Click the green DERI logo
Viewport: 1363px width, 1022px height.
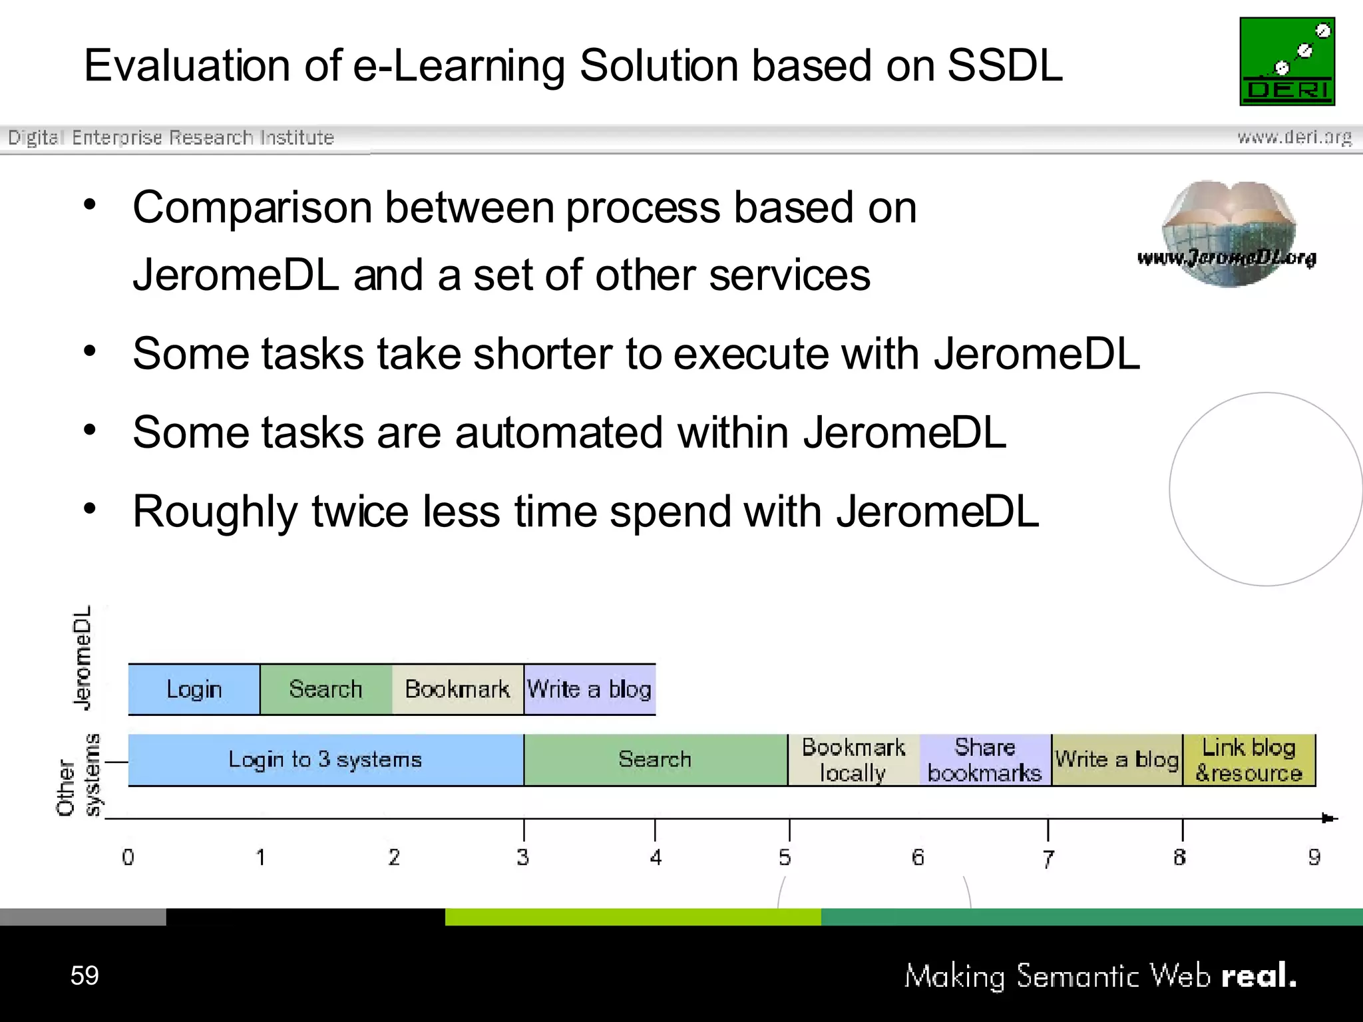[x=1286, y=61]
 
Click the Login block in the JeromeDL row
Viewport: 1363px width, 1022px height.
[x=194, y=689]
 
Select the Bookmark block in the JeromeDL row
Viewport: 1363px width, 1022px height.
[x=457, y=689]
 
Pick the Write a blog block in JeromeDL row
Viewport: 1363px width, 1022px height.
[x=590, y=689]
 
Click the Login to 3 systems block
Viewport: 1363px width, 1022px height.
[x=325, y=760]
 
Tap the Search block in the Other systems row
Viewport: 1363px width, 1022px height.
[x=655, y=760]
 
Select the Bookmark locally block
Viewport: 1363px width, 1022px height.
[x=853, y=760]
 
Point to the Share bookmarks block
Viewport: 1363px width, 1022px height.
[x=985, y=760]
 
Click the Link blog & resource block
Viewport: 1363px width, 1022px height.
[x=1249, y=760]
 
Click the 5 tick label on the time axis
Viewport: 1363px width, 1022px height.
[x=785, y=858]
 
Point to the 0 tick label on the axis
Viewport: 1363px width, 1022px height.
[x=128, y=858]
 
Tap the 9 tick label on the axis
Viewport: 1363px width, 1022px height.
[x=1314, y=858]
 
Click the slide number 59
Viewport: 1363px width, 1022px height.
[x=85, y=975]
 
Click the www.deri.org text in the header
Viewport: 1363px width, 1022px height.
[x=1294, y=137]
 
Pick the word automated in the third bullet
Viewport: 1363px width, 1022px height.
[x=558, y=432]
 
